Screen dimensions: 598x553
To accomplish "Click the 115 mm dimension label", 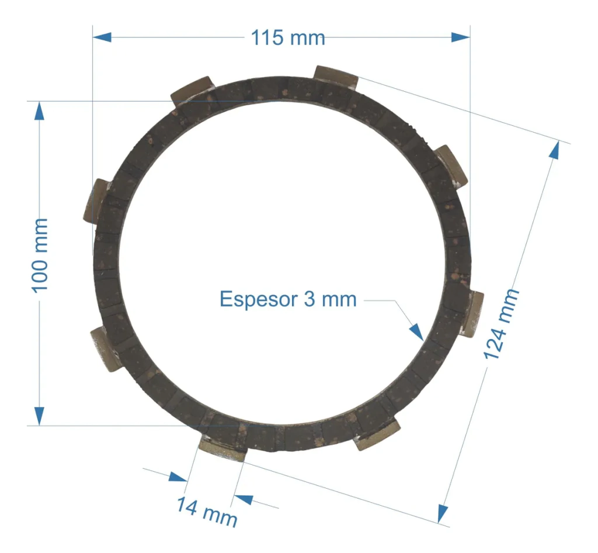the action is [x=288, y=38].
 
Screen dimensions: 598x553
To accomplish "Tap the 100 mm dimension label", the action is [x=40, y=255].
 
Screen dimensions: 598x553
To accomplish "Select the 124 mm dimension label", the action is [x=501, y=324].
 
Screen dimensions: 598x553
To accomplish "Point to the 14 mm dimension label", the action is [x=207, y=511].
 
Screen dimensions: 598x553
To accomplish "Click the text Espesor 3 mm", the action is [x=288, y=299].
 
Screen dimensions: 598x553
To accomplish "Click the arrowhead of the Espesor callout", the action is [x=417, y=331].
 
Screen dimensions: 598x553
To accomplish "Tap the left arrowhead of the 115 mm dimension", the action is [x=102, y=37].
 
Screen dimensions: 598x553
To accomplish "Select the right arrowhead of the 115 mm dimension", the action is [x=461, y=37].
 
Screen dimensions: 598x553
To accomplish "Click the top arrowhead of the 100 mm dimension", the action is [x=39, y=110].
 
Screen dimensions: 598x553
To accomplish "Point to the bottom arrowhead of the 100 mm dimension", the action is [x=39, y=416].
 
